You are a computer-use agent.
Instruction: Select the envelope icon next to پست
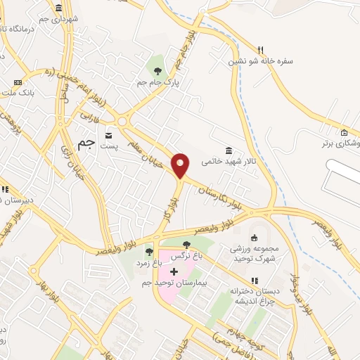(x=108, y=134)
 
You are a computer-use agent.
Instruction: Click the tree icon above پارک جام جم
(x=157, y=70)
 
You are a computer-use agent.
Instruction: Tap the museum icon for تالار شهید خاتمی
(x=229, y=150)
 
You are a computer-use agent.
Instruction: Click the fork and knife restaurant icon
(x=260, y=49)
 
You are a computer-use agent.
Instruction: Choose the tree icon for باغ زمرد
(x=149, y=251)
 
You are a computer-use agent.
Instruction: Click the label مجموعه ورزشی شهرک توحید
(x=255, y=253)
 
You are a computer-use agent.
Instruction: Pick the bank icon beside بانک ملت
(x=18, y=82)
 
